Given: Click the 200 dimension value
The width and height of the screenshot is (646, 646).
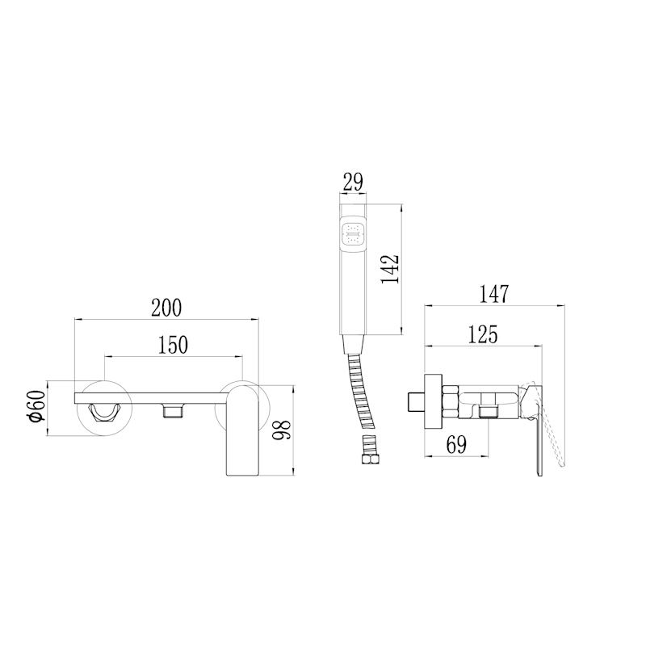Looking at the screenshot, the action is pos(166,308).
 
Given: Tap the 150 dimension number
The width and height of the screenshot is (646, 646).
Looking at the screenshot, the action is pos(173,346).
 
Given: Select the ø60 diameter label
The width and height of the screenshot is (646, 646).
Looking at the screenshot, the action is pos(36,406).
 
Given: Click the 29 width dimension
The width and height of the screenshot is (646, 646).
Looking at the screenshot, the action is pos(353,182).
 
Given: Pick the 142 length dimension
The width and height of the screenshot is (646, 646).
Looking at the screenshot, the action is pos(390,269).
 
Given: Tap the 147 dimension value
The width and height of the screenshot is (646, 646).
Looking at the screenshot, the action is pos(494,294).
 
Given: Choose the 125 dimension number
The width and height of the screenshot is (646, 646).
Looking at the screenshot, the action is pos(483,334).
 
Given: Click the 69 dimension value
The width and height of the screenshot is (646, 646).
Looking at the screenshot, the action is pos(456,445).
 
